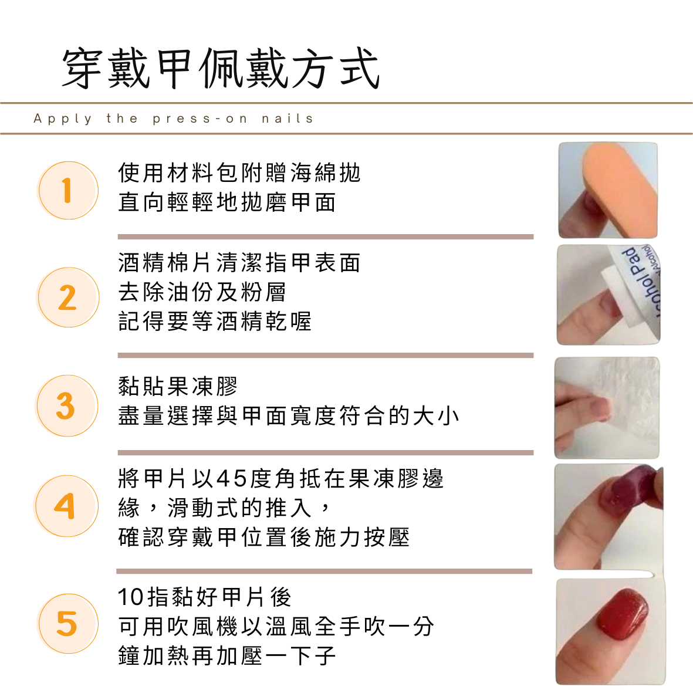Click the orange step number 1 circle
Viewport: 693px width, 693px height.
pos(68,191)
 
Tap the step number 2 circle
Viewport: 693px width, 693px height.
pos(68,298)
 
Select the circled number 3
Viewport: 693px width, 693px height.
pos(67,405)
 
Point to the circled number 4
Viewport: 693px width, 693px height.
pos(67,506)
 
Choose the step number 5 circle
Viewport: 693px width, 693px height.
pos(68,624)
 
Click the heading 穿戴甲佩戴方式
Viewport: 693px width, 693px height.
pos(221,69)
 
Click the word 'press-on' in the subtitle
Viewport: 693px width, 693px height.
pos(200,119)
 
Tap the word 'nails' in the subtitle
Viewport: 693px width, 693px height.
pos(288,119)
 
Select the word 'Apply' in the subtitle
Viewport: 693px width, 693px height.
pos(63,119)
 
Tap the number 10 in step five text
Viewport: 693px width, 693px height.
pos(131,597)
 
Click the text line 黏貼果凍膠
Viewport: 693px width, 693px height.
pos(178,386)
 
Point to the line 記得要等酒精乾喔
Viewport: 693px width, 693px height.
pos(215,322)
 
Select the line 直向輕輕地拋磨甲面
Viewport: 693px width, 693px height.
pos(227,202)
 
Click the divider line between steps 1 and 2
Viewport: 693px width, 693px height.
pos(326,237)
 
